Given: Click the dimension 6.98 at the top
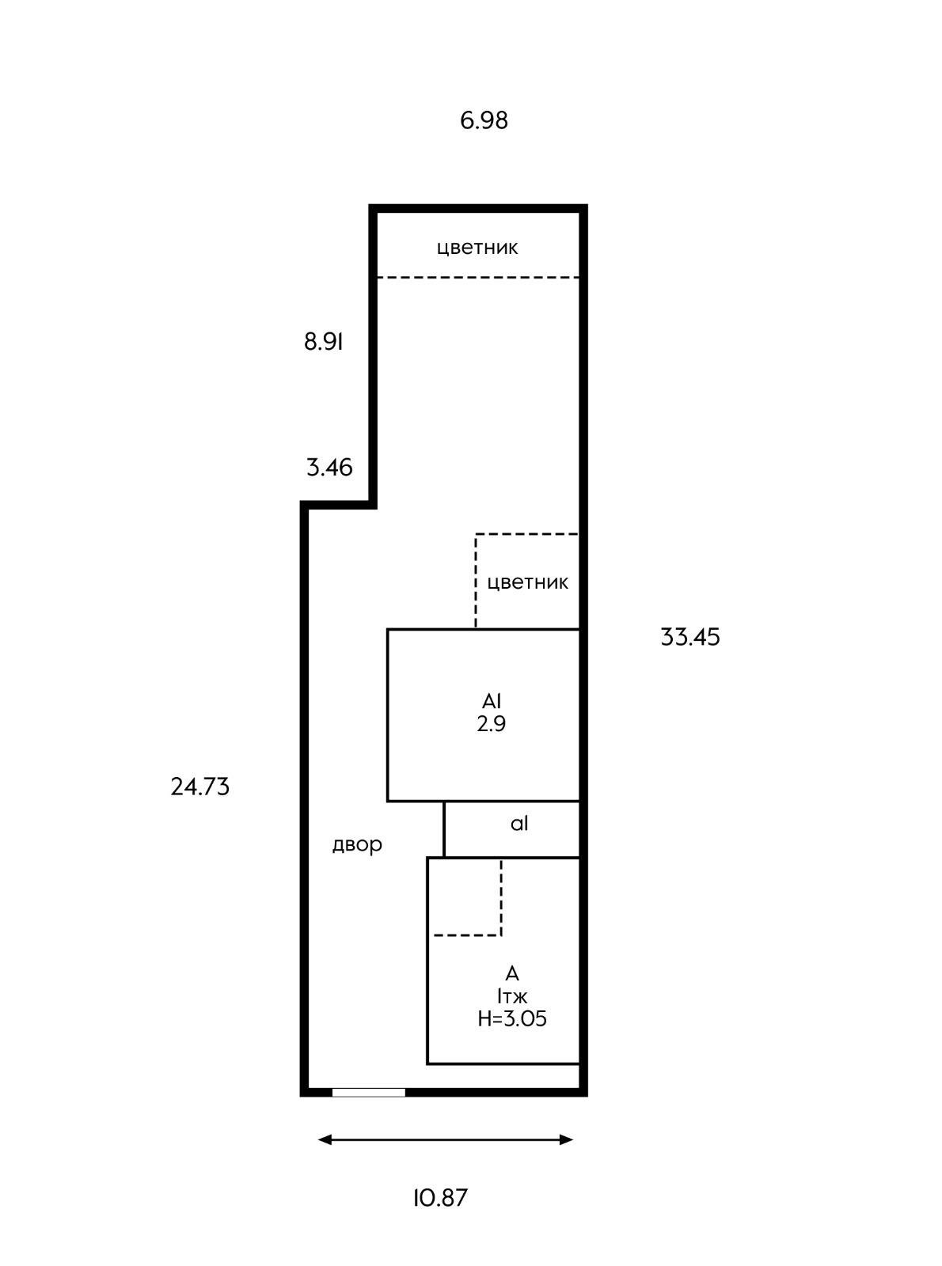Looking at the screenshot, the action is (484, 120).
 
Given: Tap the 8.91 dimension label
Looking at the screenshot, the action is (323, 342).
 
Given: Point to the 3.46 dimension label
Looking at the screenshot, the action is (329, 468).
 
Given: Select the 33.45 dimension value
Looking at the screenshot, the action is (690, 637).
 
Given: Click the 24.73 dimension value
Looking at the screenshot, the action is (200, 787).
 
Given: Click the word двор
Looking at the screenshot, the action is (357, 845).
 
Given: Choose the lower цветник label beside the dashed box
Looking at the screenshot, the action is (528, 583).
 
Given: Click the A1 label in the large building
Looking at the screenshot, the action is (492, 701).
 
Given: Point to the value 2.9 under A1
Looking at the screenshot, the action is (492, 724).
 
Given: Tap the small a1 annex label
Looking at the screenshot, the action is (519, 824).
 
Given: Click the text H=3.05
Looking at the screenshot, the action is (512, 1019).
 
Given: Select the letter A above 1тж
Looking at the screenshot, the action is (512, 973).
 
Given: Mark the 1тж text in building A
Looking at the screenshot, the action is (512, 997).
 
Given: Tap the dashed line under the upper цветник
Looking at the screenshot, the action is (478, 278).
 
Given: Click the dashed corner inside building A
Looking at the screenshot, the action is (501, 935).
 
